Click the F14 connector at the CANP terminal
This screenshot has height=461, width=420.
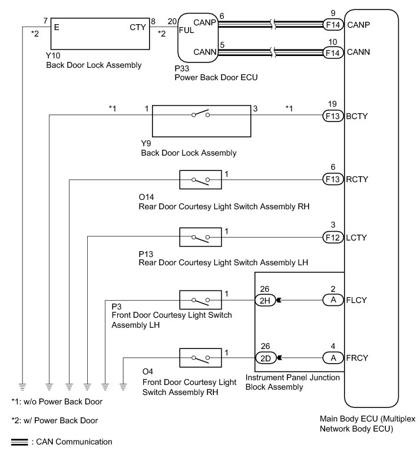click(x=333, y=25)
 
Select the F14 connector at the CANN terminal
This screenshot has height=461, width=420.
click(x=333, y=52)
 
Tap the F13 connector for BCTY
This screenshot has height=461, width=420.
click(x=333, y=116)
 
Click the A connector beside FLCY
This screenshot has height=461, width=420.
click(x=333, y=299)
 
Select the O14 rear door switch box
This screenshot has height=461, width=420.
click(x=200, y=179)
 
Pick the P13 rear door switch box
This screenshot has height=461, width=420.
click(x=200, y=238)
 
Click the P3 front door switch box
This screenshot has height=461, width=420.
click(x=200, y=300)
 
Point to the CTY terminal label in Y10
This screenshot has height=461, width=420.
click(x=137, y=27)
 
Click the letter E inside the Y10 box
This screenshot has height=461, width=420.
click(x=57, y=27)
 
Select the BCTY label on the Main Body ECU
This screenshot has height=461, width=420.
click(x=358, y=116)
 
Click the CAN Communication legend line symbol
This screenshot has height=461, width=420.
click(x=19, y=442)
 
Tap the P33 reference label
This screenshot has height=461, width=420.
click(x=181, y=68)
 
